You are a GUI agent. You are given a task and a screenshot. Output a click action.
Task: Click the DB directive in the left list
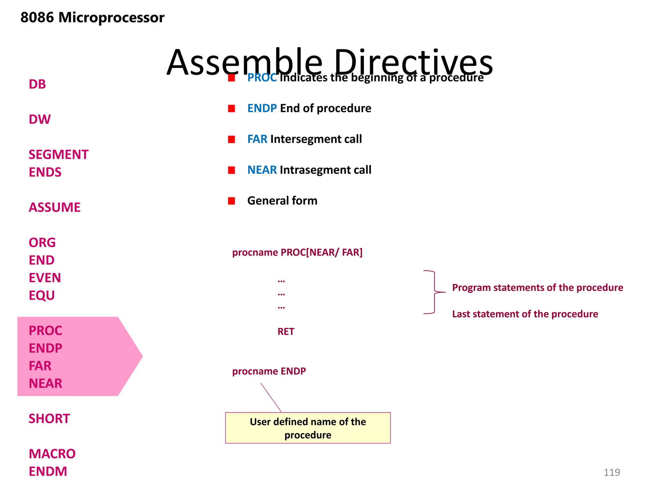point(37,84)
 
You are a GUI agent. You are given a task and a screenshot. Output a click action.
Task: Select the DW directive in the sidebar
point(39,120)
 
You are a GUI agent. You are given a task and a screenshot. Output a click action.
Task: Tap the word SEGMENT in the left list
point(58,155)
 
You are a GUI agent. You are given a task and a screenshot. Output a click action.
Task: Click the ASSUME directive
point(54,208)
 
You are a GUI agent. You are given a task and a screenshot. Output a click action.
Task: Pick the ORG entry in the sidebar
point(42,243)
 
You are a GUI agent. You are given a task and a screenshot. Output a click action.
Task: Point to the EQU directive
point(42,296)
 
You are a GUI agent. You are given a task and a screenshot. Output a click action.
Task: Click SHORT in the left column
point(49,419)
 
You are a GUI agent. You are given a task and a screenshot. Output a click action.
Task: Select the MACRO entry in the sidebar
point(52,454)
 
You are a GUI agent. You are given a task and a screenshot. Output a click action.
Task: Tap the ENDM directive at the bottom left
point(48,471)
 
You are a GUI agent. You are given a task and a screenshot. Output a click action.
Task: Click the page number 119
point(611,472)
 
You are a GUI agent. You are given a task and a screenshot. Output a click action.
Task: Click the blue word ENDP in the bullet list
point(262,108)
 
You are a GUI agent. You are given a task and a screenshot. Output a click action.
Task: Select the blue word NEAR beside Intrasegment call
point(262,170)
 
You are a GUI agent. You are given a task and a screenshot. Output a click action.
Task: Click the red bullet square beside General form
point(231,201)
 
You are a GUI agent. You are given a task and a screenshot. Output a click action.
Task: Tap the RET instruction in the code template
point(286,332)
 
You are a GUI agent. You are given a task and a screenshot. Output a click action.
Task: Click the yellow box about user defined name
point(308,428)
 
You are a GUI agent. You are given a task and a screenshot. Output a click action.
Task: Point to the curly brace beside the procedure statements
point(434,292)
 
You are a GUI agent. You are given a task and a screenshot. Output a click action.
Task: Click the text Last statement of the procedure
point(525,314)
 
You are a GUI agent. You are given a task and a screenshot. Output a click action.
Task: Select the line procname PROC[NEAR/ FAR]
point(297,252)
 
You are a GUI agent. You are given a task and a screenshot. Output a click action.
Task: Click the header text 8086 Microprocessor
point(92,17)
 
